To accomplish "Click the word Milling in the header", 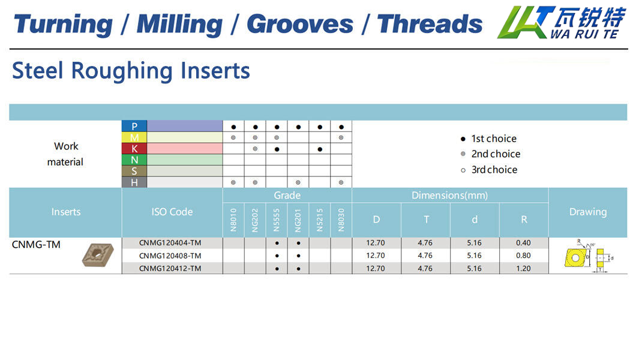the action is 179,25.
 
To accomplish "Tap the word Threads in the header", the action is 430,23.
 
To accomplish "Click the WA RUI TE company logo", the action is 562,22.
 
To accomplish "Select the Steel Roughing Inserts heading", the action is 131,71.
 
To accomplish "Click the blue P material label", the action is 134,126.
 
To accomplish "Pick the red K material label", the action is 134,149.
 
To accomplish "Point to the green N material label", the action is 134,160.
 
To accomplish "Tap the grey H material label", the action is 134,182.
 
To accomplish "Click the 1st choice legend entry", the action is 489,139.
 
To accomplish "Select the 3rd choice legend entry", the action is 489,170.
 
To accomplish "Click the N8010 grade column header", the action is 233,220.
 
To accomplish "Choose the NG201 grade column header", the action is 298,220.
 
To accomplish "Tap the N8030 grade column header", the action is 341,220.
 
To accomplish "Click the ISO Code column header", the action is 172,212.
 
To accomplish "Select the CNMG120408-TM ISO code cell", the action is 170,256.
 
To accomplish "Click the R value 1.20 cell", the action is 523,268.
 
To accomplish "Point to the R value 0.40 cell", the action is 523,243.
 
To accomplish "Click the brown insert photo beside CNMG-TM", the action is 98,254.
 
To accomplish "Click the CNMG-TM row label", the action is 36,244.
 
